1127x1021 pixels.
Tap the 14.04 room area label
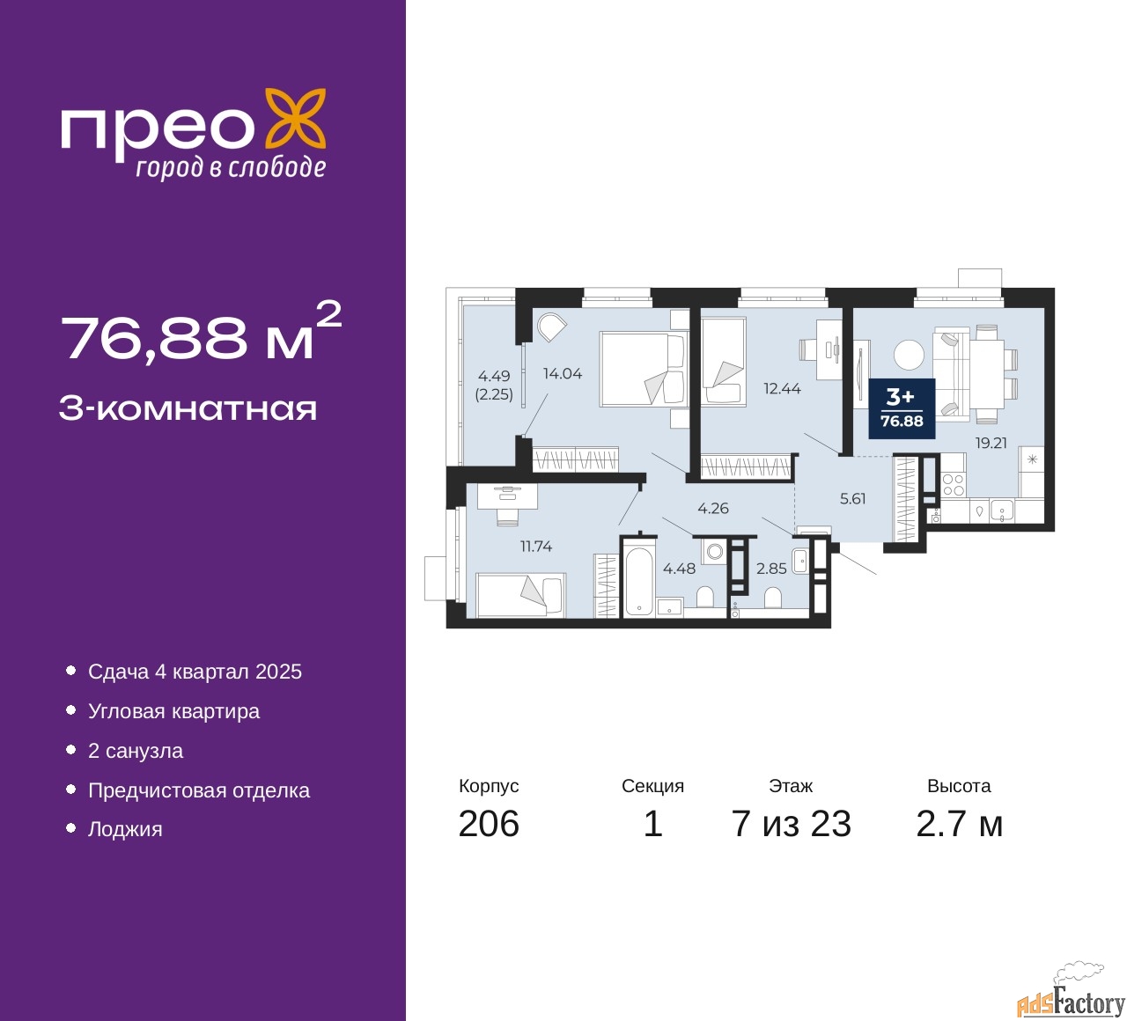click(563, 373)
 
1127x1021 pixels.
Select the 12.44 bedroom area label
click(782, 388)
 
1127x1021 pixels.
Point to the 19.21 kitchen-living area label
click(991, 443)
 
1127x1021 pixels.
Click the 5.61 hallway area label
click(852, 498)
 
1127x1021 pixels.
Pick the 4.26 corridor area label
click(713, 508)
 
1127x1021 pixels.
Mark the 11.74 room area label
click(536, 546)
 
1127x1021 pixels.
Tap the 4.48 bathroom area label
click(679, 569)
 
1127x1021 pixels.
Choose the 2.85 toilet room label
click(771, 569)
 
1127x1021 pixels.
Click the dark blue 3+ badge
click(902, 408)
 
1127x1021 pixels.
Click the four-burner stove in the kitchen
click(954, 485)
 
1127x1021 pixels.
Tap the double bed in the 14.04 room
click(645, 369)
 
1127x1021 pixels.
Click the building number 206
click(489, 824)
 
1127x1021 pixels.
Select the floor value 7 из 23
click(791, 824)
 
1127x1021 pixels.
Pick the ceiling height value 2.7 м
click(959, 824)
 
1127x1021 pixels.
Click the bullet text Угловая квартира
click(173, 711)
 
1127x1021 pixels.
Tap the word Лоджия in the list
click(125, 829)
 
